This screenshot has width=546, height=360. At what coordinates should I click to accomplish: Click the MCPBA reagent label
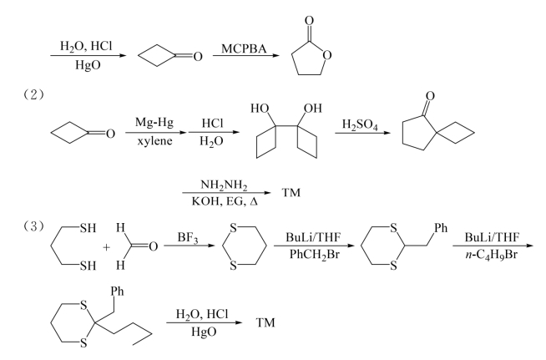[244, 48]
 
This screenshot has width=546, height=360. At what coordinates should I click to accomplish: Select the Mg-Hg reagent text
[154, 122]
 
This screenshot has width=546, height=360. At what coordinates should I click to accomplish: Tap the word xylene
[154, 141]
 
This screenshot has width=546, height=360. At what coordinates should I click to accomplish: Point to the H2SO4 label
[360, 124]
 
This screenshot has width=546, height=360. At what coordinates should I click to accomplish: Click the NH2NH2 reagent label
[224, 185]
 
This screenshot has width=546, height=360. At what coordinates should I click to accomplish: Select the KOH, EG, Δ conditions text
[225, 201]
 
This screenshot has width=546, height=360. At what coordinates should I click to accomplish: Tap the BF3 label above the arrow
[188, 238]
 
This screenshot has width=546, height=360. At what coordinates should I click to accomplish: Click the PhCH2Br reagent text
[315, 255]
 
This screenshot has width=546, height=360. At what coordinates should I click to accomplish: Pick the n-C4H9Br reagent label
[492, 255]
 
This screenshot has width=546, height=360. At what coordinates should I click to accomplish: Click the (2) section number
[33, 94]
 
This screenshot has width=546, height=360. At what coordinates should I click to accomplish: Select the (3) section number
[33, 226]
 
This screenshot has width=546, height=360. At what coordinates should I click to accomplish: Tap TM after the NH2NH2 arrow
[291, 192]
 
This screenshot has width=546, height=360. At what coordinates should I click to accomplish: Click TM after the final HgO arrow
[265, 322]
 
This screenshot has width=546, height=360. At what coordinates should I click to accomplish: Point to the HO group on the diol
[260, 109]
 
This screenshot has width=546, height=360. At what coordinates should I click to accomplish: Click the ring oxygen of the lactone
[326, 55]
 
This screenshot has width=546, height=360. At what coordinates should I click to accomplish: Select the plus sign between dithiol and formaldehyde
[107, 247]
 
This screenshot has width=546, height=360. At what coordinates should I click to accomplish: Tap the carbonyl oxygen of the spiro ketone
[430, 96]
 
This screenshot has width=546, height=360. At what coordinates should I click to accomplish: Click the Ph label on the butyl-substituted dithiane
[118, 291]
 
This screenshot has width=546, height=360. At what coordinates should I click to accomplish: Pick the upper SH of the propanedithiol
[88, 228]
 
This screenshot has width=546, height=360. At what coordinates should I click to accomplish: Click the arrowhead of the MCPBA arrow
[276, 55]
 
